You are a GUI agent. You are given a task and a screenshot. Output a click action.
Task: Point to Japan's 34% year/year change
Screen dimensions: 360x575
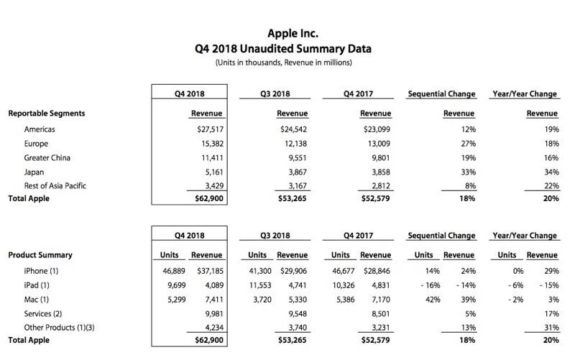pos(551,171)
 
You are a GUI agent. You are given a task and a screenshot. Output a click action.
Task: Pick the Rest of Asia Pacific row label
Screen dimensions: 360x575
pos(55,185)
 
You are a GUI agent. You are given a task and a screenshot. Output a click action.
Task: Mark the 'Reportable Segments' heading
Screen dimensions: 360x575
pos(47,114)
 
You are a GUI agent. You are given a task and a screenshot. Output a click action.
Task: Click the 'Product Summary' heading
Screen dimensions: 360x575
pos(40,254)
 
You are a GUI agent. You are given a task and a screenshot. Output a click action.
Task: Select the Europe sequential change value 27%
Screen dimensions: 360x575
pos(466,143)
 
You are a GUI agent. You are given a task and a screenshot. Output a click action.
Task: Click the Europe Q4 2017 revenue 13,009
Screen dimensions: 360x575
pos(377,143)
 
